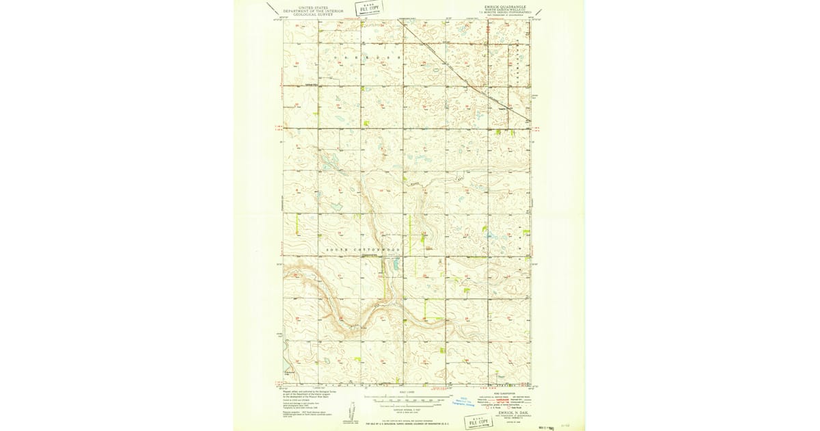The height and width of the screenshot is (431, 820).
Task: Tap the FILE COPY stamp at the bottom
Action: tap(480, 421)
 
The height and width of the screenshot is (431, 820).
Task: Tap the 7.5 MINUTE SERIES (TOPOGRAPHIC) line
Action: tap(506, 12)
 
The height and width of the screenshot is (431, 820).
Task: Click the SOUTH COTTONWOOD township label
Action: tap(362, 250)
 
